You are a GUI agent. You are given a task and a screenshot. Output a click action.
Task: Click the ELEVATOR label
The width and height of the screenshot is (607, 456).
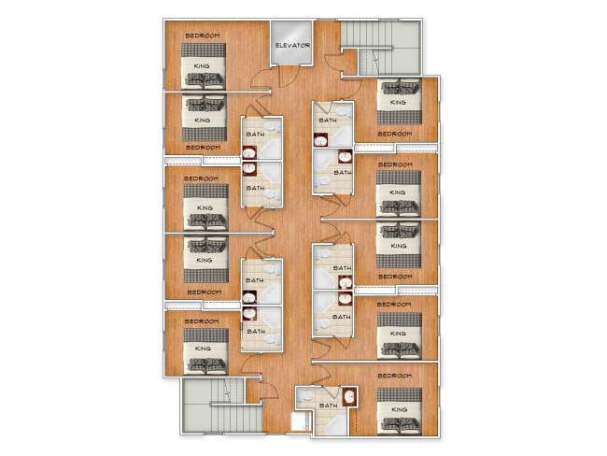tap(292, 46)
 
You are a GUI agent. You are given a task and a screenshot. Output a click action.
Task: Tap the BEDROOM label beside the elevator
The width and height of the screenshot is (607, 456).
tap(203, 36)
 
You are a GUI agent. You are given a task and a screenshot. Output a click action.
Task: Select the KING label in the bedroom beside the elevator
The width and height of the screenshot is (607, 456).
tap(202, 66)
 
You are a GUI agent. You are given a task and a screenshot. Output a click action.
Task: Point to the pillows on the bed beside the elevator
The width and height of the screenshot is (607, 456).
tap(204, 79)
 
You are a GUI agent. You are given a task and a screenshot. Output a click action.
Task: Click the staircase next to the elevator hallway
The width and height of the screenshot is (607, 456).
tap(380, 48)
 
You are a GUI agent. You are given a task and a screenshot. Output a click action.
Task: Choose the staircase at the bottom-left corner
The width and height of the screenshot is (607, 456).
tap(222, 406)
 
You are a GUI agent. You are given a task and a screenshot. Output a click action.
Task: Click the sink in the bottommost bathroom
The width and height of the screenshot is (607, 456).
tap(349, 397)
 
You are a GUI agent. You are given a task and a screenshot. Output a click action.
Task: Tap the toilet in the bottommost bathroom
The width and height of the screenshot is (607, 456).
tap(306, 397)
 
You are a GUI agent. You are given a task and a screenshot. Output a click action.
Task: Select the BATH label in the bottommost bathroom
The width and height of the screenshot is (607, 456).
tap(329, 406)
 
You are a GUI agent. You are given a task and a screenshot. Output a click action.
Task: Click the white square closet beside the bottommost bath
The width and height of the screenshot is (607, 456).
tap(301, 421)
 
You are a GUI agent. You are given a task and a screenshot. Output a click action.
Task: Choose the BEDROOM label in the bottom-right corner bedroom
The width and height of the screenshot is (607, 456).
tap(395, 376)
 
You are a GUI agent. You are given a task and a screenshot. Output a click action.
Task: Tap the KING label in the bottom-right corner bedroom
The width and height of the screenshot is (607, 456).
tap(399, 409)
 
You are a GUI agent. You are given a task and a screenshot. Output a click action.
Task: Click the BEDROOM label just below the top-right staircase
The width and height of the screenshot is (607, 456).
tap(395, 134)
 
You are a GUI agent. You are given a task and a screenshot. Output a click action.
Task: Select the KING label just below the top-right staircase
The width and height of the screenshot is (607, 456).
tap(398, 102)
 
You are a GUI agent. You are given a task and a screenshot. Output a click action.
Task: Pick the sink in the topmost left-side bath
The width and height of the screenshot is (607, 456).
tap(249, 152)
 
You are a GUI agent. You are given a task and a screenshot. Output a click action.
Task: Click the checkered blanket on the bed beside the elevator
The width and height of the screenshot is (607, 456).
tap(204, 50)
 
